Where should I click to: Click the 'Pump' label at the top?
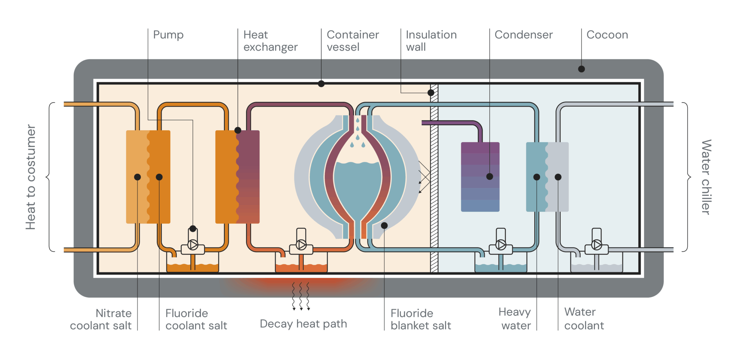(x=168, y=35)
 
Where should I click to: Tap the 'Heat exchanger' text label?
(x=270, y=41)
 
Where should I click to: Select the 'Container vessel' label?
(x=352, y=41)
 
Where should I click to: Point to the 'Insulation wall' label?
(x=431, y=41)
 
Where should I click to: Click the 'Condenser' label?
(x=523, y=35)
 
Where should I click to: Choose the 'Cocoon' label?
(x=607, y=35)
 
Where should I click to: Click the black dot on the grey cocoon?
(x=581, y=69)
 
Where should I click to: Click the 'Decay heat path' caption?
(x=303, y=324)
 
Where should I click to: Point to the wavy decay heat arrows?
(x=301, y=296)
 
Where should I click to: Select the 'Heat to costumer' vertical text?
(x=31, y=177)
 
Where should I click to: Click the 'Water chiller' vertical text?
(x=706, y=177)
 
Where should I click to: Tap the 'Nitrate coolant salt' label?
(x=101, y=319)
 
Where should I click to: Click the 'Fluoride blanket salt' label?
(x=420, y=319)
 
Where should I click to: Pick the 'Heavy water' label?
(x=515, y=319)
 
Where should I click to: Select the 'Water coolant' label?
(x=583, y=319)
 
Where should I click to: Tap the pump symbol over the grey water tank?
(x=596, y=245)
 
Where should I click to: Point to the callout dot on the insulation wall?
(x=431, y=93)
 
